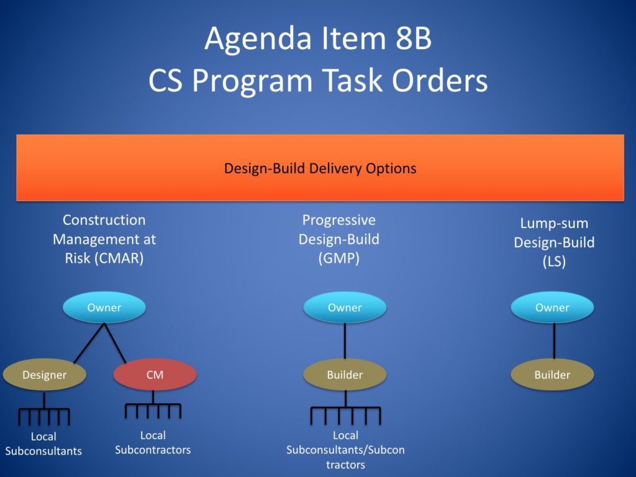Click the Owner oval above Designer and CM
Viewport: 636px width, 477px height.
[104, 307]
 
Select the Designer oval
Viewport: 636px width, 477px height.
[44, 375]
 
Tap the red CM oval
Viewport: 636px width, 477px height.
[155, 375]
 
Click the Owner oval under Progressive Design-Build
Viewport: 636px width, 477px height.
[345, 307]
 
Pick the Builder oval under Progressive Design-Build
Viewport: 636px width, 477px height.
[345, 375]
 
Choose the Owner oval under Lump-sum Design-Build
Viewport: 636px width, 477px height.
[552, 307]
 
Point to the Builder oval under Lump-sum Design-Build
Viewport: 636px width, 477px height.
[552, 375]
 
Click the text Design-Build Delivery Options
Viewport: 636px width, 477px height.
[320, 168]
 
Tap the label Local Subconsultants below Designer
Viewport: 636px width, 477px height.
[43, 443]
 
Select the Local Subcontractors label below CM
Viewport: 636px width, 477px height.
[153, 442]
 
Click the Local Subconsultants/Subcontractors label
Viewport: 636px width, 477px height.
[345, 450]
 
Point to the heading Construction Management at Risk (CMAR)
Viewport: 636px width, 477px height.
[104, 239]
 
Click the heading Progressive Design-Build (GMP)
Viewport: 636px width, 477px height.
[339, 239]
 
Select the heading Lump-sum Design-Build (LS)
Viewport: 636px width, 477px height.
[554, 242]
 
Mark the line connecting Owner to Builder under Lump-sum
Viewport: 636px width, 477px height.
[554, 341]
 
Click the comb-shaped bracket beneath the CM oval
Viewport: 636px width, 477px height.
[153, 411]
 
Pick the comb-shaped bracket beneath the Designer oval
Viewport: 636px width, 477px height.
[44, 415]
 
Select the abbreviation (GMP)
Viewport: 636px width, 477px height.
[339, 258]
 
